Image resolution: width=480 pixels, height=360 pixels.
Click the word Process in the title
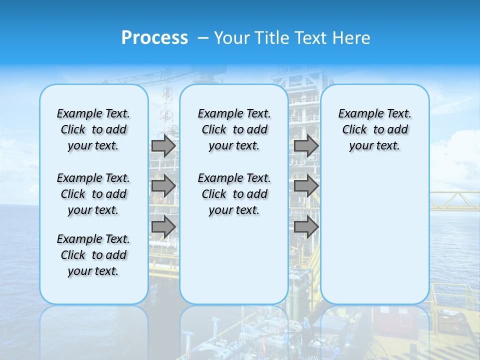[154, 38]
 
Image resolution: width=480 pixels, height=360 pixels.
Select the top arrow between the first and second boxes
[163, 145]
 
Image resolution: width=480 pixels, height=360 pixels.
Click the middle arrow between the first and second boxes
[163, 186]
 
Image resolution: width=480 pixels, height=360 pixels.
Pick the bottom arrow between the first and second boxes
[163, 227]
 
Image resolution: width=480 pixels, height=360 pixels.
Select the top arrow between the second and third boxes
[306, 145]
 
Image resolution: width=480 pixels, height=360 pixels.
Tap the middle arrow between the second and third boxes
[306, 186]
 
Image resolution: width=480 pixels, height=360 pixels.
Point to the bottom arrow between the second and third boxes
[306, 227]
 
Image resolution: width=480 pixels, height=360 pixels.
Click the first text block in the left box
[93, 129]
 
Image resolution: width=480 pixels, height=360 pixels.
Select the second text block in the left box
[93, 194]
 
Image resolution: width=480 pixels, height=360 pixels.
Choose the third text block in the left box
[93, 255]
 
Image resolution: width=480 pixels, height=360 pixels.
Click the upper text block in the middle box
[234, 129]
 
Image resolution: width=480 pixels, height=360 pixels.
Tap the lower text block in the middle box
[234, 194]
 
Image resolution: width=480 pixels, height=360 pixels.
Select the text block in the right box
[375, 129]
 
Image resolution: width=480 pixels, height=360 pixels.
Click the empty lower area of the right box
[375, 235]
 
